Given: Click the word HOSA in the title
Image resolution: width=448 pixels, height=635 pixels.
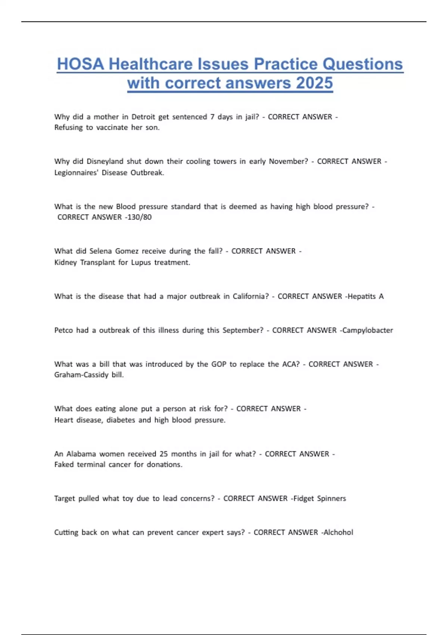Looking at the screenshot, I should click(x=80, y=64).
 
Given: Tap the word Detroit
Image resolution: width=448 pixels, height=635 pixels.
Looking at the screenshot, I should click(x=143, y=117).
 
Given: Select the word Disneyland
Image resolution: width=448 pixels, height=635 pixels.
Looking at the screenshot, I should click(x=105, y=161).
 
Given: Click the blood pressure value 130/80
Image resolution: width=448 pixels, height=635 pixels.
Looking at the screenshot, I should click(x=139, y=217).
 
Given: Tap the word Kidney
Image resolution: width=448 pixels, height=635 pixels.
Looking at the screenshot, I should click(x=65, y=262).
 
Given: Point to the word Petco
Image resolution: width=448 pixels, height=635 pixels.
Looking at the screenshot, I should click(x=63, y=330).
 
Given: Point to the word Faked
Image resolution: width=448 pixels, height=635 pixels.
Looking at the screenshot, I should click(x=64, y=464).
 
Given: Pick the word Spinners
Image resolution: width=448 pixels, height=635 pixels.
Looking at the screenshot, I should click(x=332, y=498).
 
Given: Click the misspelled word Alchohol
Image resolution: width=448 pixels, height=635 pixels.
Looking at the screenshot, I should click(x=338, y=532).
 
